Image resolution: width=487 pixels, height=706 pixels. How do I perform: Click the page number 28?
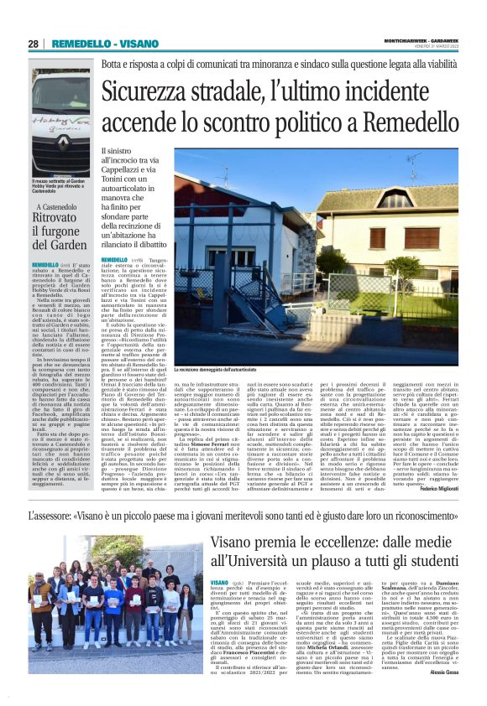[33, 44]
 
